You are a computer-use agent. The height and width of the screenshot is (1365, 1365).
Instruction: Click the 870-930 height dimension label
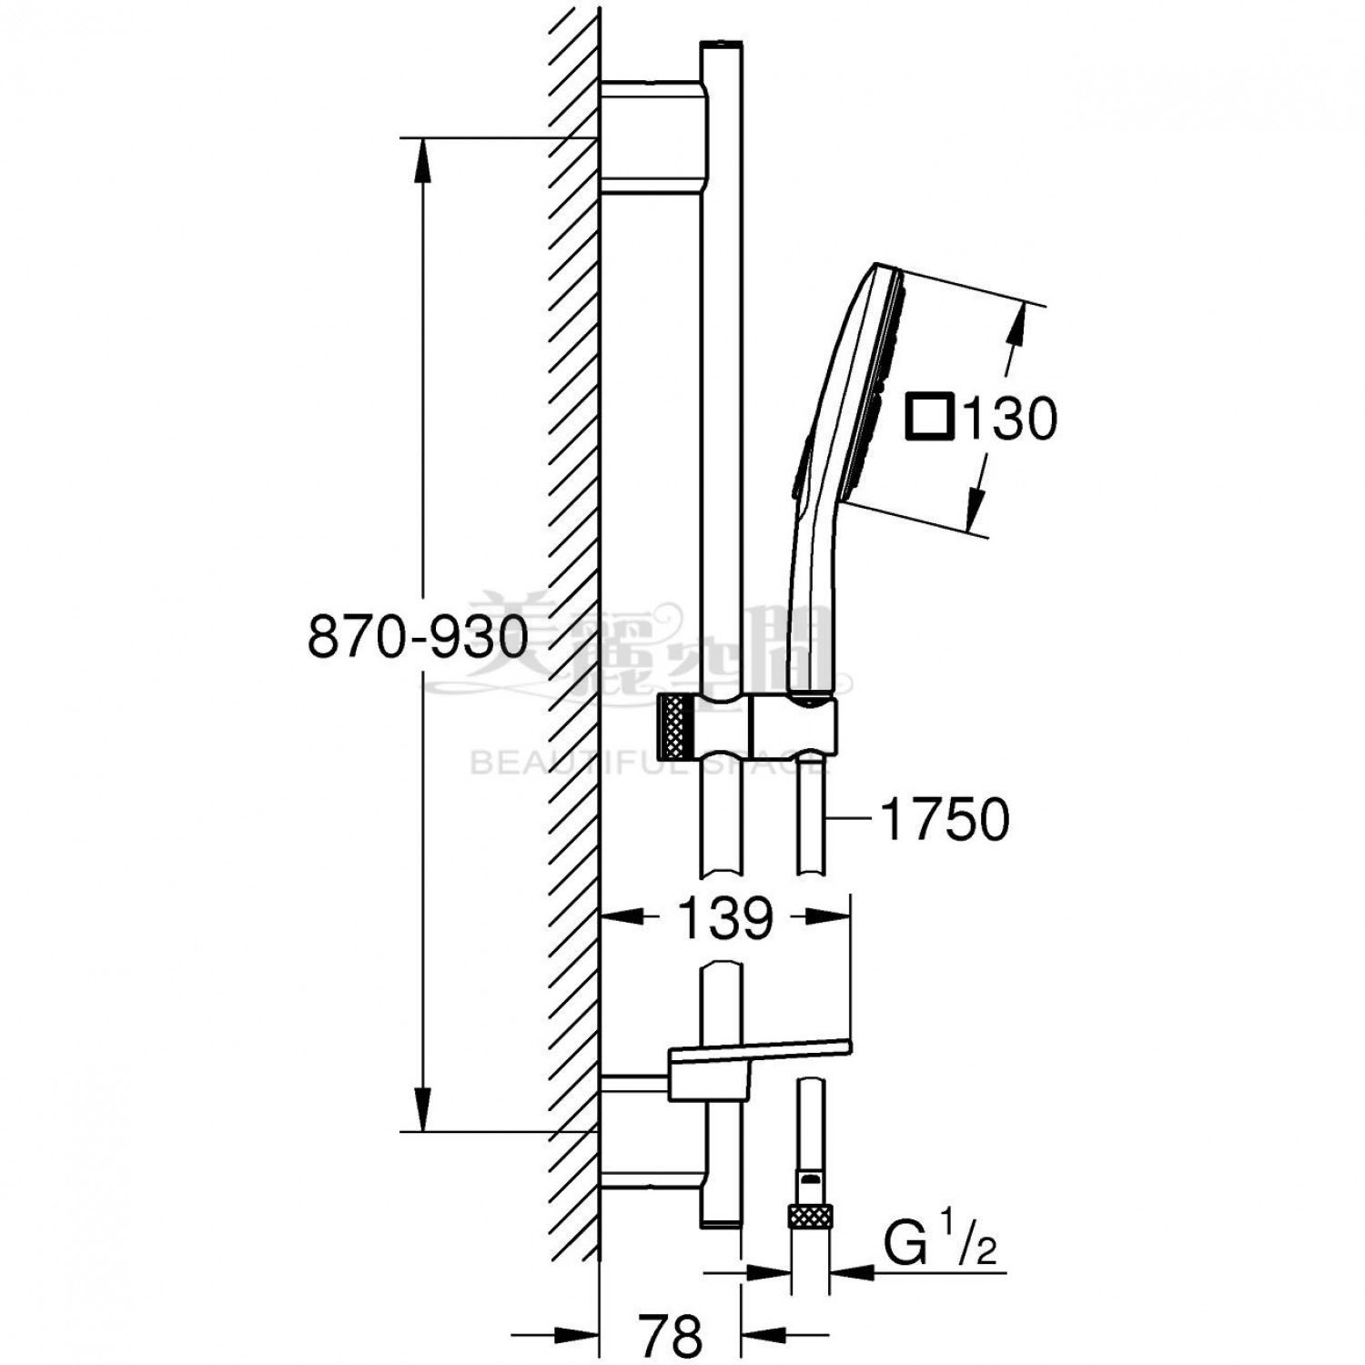click(418, 636)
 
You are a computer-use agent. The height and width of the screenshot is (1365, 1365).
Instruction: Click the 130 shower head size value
click(1009, 419)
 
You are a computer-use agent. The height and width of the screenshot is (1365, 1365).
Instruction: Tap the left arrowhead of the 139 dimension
click(619, 917)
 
